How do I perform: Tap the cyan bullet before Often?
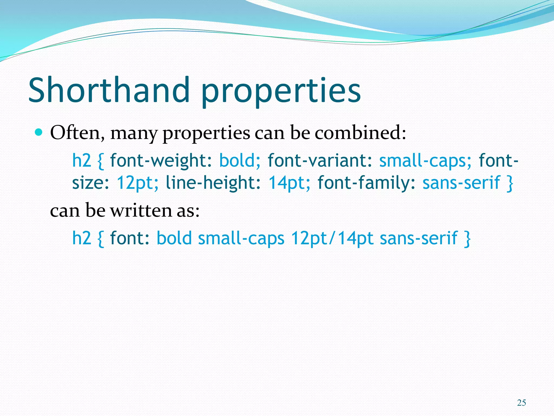[39, 132]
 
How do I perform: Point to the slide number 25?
[521, 403]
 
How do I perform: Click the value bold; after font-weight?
[240, 160]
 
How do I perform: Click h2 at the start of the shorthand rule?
[81, 238]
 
